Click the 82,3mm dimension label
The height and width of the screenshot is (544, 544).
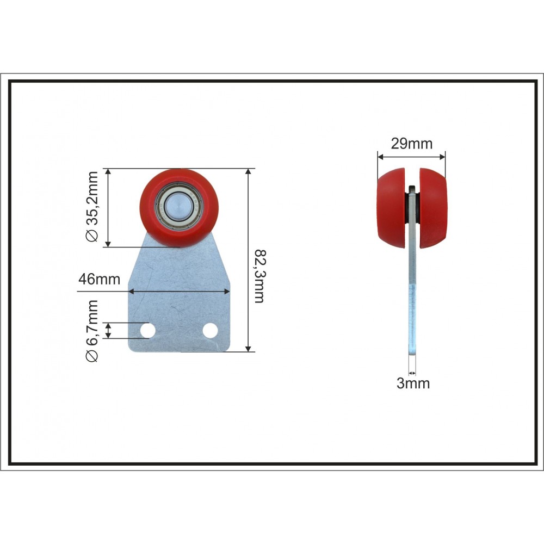(x=259, y=276)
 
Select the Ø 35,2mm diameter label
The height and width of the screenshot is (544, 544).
(x=92, y=206)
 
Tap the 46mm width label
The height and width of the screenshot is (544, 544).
(x=99, y=279)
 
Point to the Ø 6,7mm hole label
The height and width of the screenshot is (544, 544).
(x=92, y=331)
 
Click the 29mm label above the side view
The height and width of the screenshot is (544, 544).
(x=411, y=143)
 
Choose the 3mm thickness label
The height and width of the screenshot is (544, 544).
(x=413, y=384)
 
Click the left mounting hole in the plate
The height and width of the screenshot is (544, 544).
(x=147, y=330)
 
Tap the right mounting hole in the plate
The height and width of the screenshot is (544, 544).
(x=210, y=330)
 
